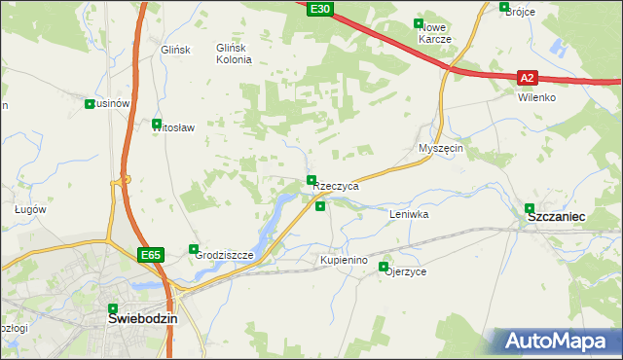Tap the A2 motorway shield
(527, 78)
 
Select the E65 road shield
(149, 255)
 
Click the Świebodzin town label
(142, 318)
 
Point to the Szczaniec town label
(555, 220)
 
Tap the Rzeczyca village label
(337, 186)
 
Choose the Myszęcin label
(440, 148)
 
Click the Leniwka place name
(409, 213)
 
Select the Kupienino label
(344, 261)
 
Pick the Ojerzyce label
(406, 272)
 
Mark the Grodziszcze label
(224, 255)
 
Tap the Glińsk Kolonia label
(234, 54)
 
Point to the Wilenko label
(536, 98)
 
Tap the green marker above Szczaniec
(530, 207)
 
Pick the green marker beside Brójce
(503, 7)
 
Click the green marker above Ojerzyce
(384, 267)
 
